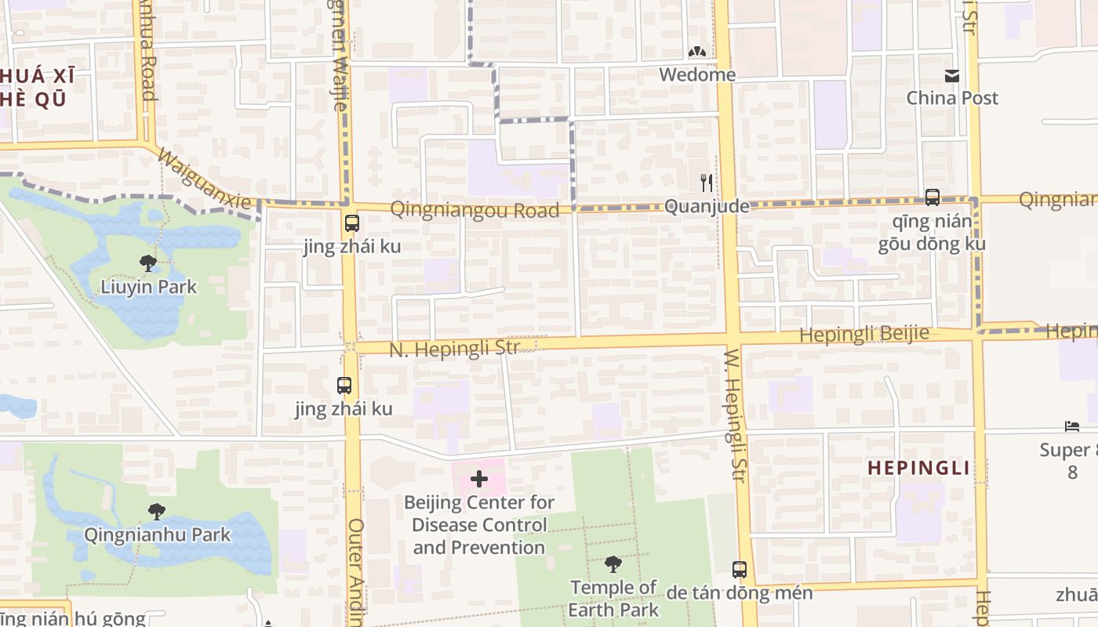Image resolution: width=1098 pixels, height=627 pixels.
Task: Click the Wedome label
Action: pyautogui.click(x=697, y=74)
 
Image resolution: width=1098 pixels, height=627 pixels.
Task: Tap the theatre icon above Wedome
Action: pyautogui.click(x=696, y=53)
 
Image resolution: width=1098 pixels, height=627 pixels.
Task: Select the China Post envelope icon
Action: pyautogui.click(x=952, y=76)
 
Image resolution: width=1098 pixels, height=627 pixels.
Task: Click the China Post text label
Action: pyautogui.click(x=952, y=98)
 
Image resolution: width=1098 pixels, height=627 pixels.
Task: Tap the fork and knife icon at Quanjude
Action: pyautogui.click(x=707, y=183)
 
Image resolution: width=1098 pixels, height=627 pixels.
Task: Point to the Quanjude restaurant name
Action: pyautogui.click(x=707, y=206)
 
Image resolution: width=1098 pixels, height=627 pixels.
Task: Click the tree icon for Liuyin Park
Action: pyautogui.click(x=147, y=263)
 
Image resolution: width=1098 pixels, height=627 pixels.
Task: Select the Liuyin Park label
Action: pyautogui.click(x=148, y=287)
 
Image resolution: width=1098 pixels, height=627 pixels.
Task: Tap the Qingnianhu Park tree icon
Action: pyautogui.click(x=157, y=512)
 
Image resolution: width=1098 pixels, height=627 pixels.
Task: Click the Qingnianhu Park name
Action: pyautogui.click(x=158, y=535)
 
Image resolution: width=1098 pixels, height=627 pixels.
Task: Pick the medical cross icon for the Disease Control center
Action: pyautogui.click(x=478, y=479)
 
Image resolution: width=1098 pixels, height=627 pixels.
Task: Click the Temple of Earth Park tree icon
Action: pyautogui.click(x=613, y=564)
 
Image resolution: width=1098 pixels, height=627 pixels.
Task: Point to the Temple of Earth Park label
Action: pyautogui.click(x=613, y=598)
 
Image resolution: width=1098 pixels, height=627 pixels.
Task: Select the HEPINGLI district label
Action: pyautogui.click(x=918, y=468)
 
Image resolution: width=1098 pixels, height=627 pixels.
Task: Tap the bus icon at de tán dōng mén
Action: pyautogui.click(x=739, y=570)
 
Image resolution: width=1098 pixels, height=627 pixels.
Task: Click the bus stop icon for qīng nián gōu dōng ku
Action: pyautogui.click(x=932, y=198)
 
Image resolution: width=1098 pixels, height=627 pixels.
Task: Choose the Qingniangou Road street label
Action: pyautogui.click(x=474, y=209)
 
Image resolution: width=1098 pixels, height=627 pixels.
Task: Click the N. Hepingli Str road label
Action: pyautogui.click(x=454, y=349)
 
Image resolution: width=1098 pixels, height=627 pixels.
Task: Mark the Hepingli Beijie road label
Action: pyautogui.click(x=864, y=334)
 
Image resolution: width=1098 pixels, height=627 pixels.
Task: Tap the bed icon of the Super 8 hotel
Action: pyautogui.click(x=1072, y=426)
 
